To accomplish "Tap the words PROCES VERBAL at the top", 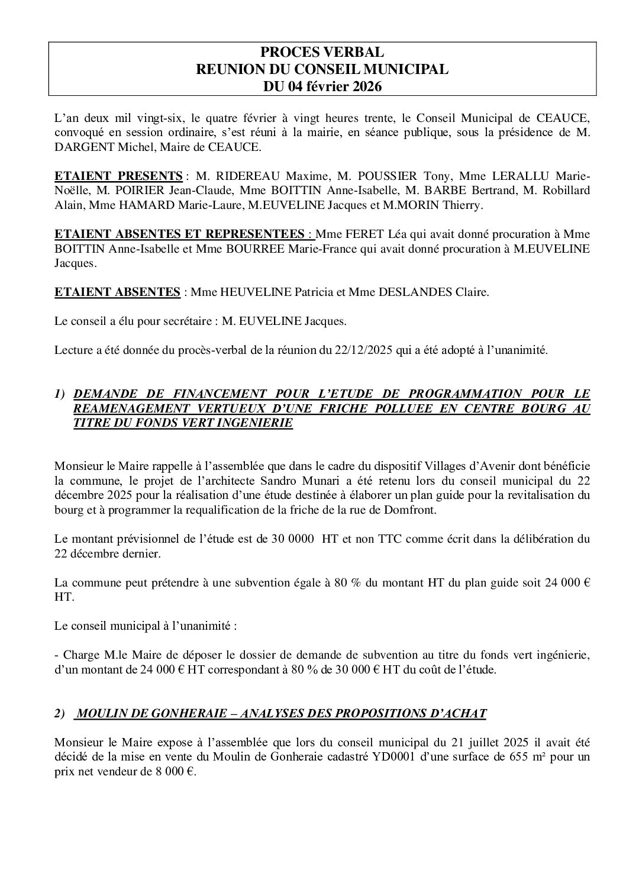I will tap(322, 53).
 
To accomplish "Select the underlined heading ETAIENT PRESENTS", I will tap(118, 176).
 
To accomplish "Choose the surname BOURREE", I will tap(257, 249).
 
